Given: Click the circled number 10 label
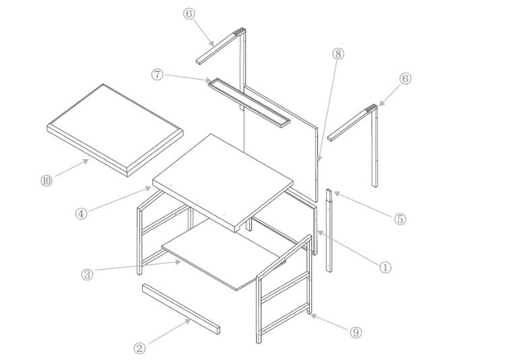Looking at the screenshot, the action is (46, 181).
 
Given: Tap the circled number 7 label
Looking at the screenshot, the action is (157, 75).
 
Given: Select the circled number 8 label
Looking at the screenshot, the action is (338, 53).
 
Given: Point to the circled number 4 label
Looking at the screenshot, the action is (81, 214).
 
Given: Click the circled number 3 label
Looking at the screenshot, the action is (87, 274).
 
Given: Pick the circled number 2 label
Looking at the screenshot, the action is (139, 349).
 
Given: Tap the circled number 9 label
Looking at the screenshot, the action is (356, 332).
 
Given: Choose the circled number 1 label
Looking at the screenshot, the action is (385, 268).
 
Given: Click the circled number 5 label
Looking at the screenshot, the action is (400, 219).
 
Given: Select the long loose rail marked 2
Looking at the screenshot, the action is (181, 309).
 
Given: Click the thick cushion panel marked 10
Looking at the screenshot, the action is (115, 130).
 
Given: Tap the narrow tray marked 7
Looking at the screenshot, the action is (249, 102).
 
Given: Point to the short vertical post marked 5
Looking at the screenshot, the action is (329, 231).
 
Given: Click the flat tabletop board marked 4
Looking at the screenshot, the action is (223, 182).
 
